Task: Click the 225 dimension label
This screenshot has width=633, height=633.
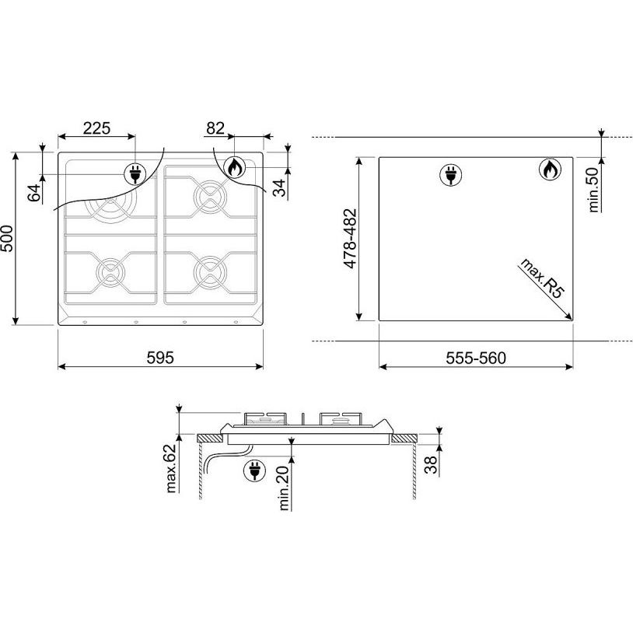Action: [x=96, y=128]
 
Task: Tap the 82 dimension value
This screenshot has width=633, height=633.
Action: [x=215, y=128]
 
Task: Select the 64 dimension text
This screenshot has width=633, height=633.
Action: [x=34, y=192]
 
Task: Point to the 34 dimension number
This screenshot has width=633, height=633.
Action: [x=279, y=187]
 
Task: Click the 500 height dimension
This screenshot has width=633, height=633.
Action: [x=7, y=239]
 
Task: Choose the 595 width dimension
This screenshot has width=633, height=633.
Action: [x=160, y=358]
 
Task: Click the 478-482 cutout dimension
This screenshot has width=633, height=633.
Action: [x=350, y=238]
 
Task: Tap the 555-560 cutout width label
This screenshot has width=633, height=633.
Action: [x=476, y=358]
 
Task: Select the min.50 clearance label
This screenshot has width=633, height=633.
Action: [x=593, y=190]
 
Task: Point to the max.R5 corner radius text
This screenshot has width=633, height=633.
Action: [x=541, y=278]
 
